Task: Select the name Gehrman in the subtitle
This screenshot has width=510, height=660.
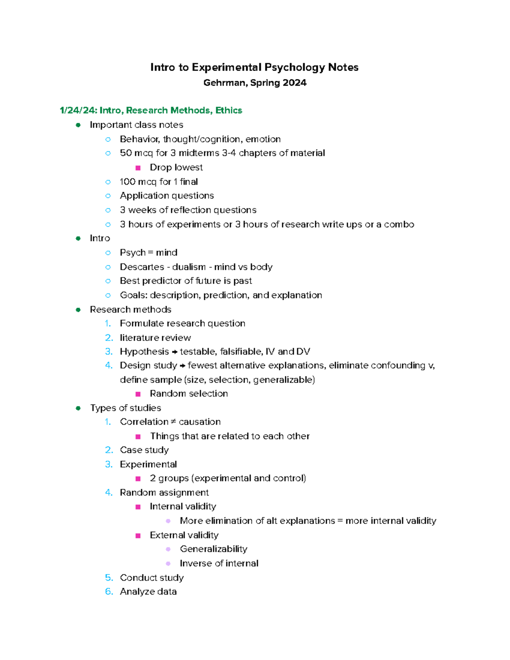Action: pos(224,83)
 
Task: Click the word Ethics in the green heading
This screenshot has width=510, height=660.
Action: pos(229,110)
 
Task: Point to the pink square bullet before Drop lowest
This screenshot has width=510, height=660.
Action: pos(138,168)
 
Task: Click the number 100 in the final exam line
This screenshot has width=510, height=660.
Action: pos(127,182)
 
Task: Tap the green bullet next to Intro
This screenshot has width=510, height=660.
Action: pos(78,238)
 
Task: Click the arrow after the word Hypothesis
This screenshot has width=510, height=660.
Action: pos(174,352)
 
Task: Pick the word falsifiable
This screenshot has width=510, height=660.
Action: pos(241,351)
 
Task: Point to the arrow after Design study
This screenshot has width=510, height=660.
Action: pos(182,366)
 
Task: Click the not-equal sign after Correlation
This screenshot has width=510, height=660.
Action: pos(173,422)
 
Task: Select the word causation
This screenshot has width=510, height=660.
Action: pos(200,422)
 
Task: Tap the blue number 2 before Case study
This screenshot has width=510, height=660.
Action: pos(109,450)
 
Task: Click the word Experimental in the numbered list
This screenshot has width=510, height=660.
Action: pos(148,465)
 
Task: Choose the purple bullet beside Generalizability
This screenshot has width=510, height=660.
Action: pos(168,550)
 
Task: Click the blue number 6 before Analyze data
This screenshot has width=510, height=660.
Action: pos(109,592)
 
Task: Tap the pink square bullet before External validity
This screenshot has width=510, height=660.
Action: pos(138,535)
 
